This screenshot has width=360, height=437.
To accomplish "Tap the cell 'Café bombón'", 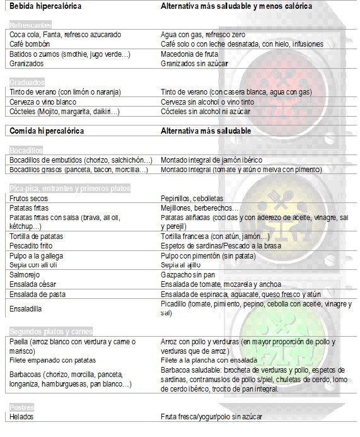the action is coord(29,44).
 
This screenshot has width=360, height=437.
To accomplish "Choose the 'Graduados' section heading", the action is coord(26,83).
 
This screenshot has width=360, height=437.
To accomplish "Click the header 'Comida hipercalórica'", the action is coord(47,131).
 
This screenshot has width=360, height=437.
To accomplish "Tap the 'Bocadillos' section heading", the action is coord(26,150).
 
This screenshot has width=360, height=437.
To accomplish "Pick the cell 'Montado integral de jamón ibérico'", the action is coord(211,160).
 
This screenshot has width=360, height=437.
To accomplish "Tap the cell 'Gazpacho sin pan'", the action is coord(189,274).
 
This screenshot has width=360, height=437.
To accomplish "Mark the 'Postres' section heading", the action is coord(22,407).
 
